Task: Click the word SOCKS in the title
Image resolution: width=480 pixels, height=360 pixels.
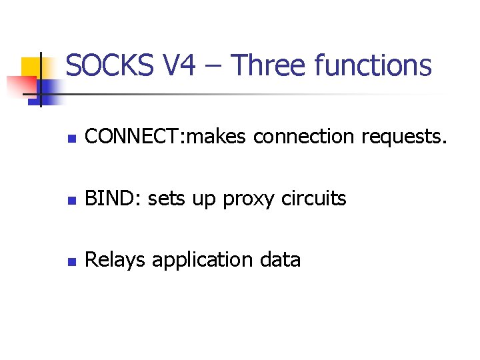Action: (111, 66)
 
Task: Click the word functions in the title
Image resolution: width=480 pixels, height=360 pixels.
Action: (373, 66)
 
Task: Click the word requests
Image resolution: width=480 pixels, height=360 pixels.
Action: (405, 138)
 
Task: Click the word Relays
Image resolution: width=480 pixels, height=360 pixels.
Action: (116, 260)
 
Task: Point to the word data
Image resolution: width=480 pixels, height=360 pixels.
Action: (281, 260)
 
